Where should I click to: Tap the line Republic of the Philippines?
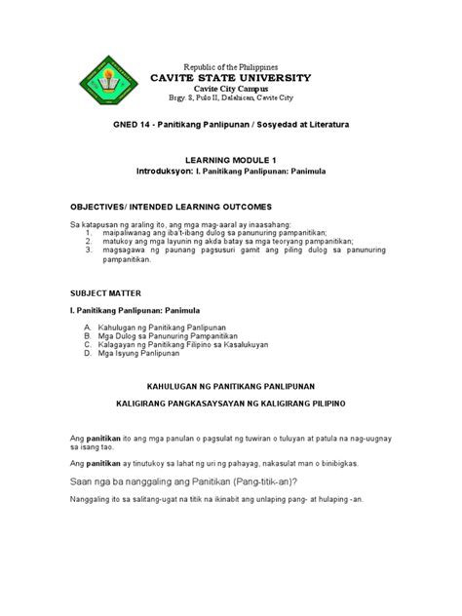[231, 62]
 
